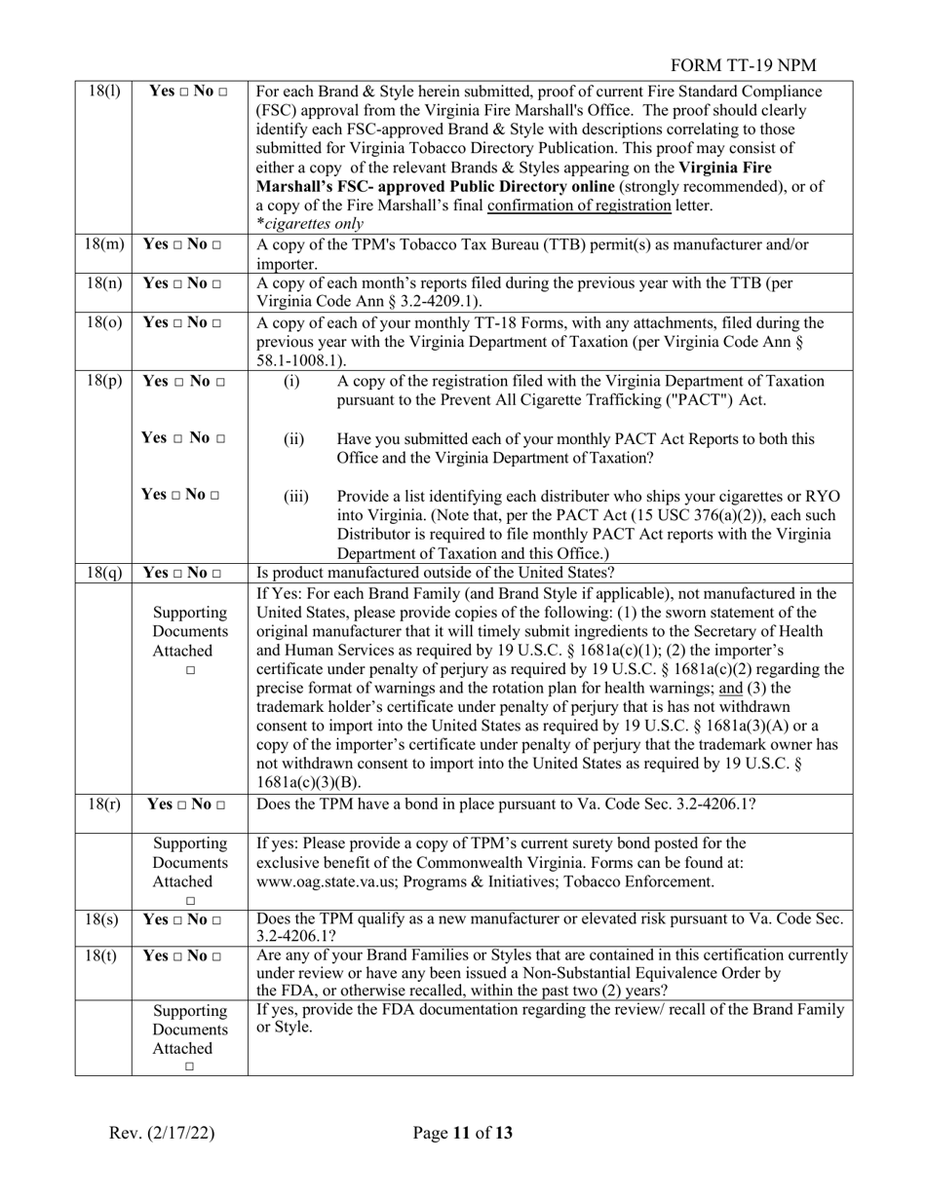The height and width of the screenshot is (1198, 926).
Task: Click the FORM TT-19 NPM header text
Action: click(x=744, y=65)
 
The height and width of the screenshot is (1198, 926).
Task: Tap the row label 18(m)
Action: click(x=103, y=244)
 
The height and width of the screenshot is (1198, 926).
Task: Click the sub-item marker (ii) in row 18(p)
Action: click(x=294, y=439)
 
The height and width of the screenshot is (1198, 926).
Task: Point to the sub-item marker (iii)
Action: click(x=296, y=497)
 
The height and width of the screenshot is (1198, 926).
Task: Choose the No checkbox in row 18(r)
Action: click(x=223, y=805)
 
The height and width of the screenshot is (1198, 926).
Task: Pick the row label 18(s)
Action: click(x=103, y=918)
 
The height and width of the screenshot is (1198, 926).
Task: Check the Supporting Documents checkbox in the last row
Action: click(x=190, y=1067)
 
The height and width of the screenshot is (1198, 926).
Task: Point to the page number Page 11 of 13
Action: click(x=462, y=1133)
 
